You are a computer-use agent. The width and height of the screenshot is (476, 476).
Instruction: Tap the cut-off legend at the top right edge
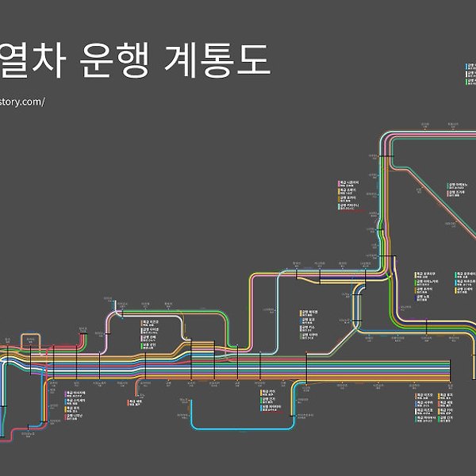(471, 79)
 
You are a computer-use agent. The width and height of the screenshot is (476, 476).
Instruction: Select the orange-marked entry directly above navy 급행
(75, 409)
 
